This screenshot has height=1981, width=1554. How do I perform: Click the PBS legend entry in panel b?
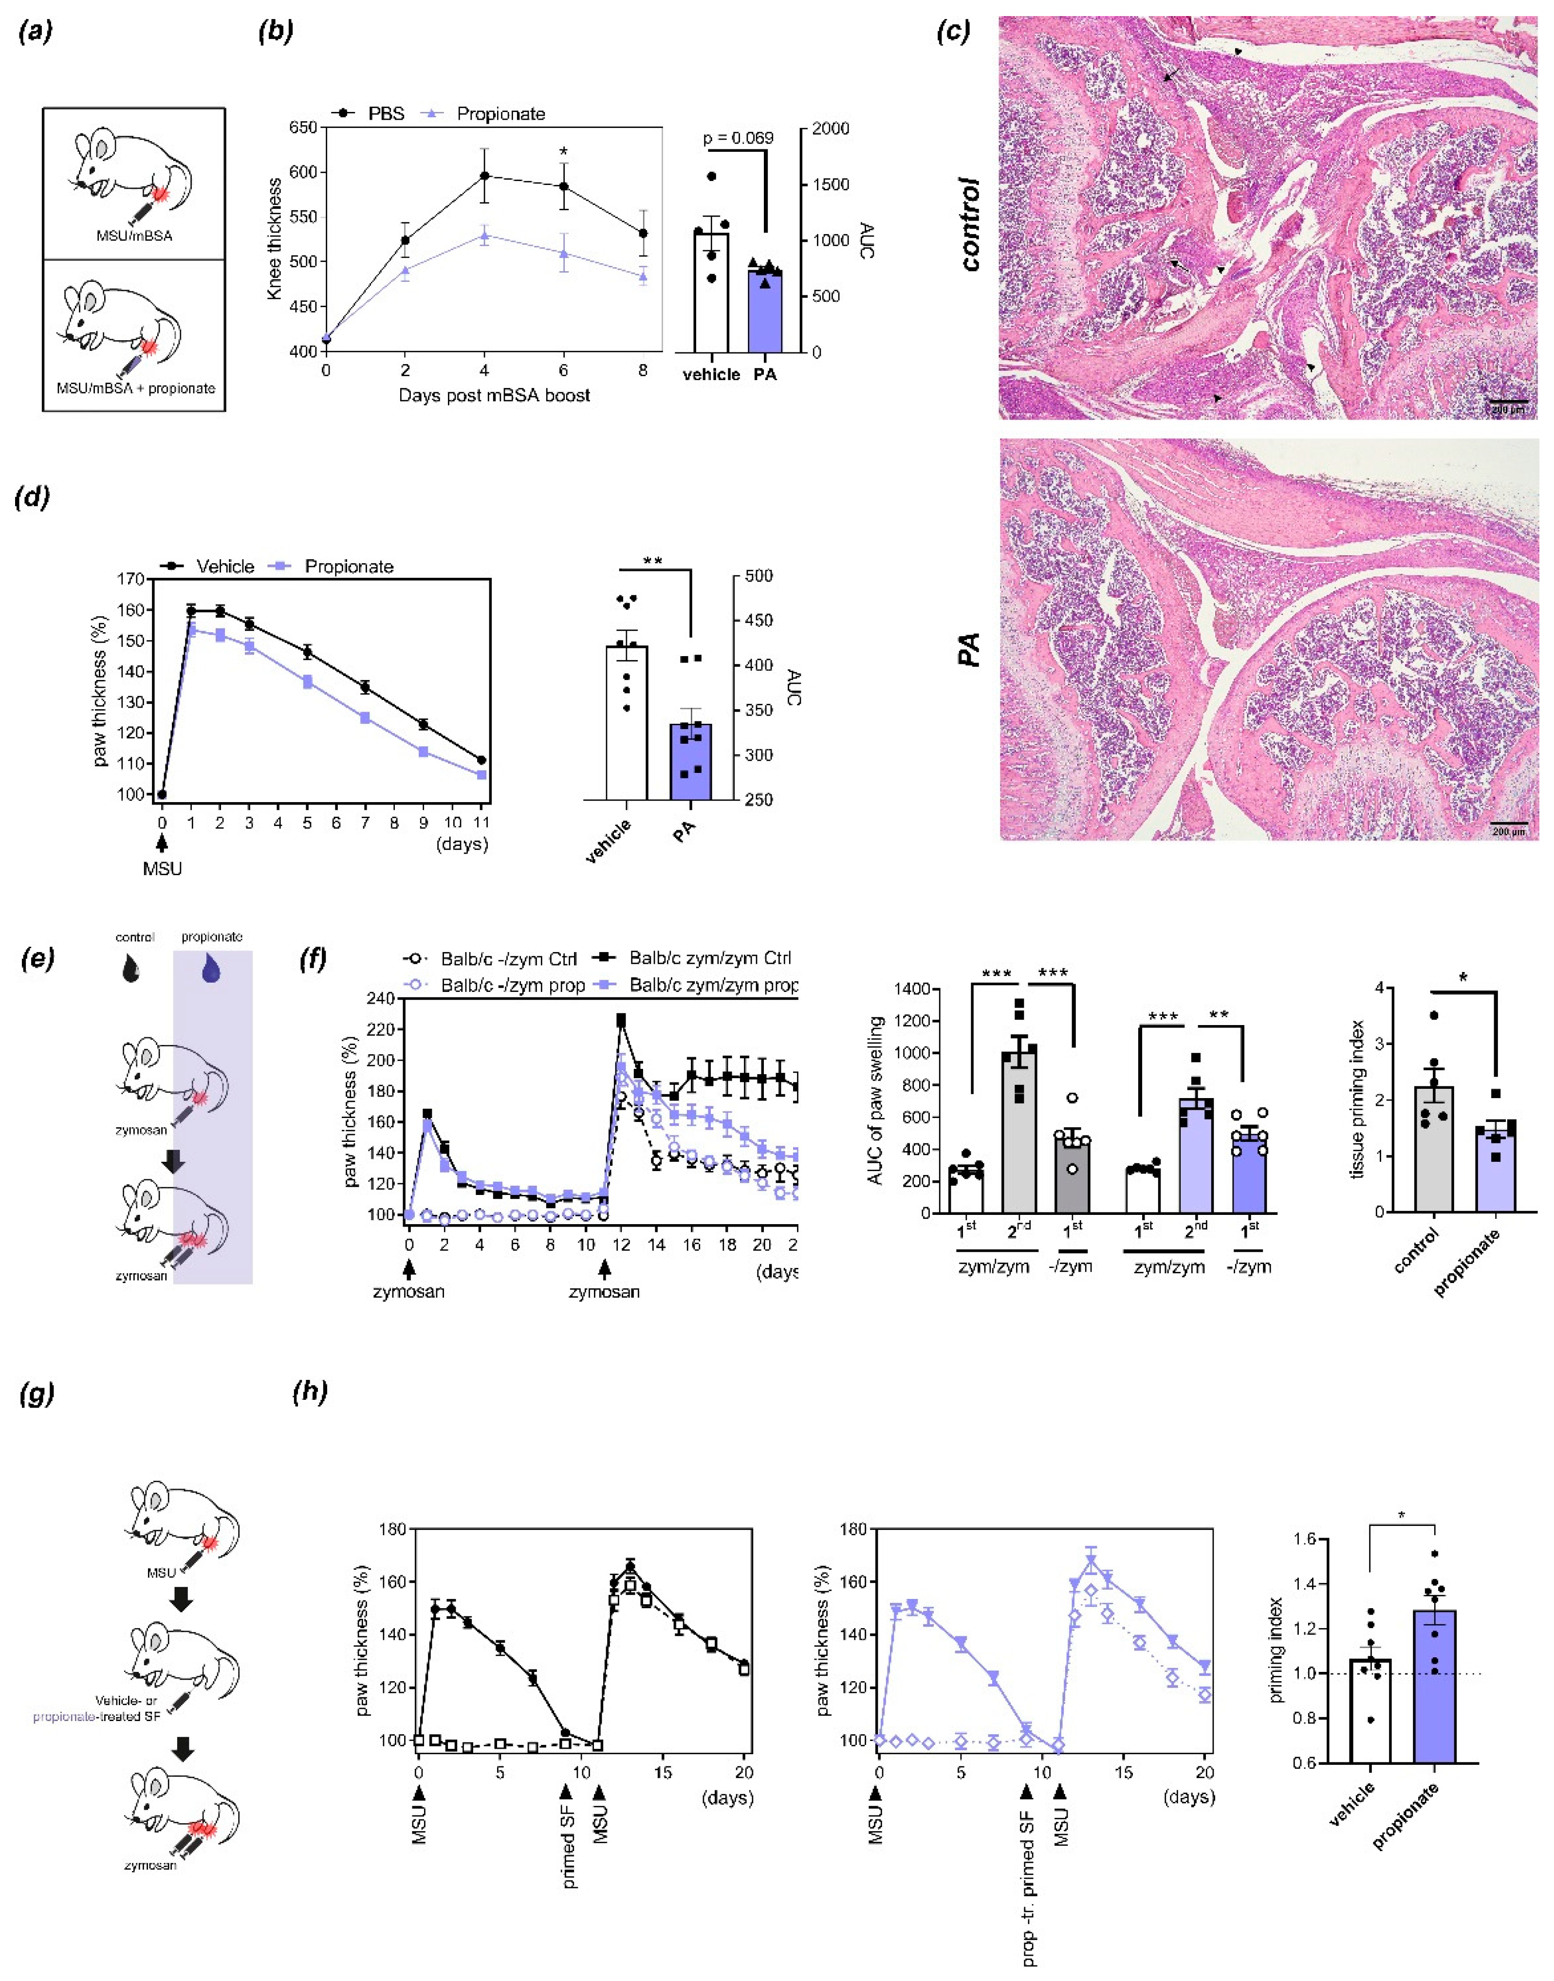click(x=369, y=114)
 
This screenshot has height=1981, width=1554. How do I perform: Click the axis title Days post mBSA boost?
click(x=494, y=396)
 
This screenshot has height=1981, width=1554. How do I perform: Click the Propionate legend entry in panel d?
click(x=332, y=567)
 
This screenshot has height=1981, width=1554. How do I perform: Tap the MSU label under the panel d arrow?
click(x=162, y=869)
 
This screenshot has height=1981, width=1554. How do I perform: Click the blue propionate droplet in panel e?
click(x=211, y=968)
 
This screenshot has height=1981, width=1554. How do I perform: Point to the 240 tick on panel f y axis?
click(x=381, y=999)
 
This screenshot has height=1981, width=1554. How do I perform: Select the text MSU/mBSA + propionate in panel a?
click(x=135, y=388)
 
